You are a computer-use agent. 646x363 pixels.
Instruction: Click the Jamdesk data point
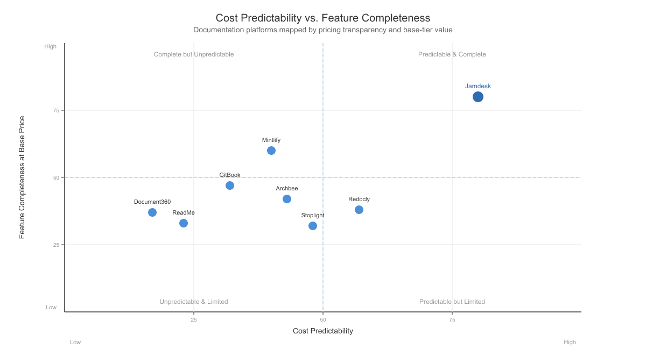point(478,97)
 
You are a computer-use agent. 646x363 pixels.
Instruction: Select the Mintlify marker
point(271,151)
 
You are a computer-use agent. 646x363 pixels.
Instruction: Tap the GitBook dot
point(230,186)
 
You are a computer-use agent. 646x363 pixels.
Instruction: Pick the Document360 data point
point(152,212)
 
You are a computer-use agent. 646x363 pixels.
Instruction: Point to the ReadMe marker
point(184,223)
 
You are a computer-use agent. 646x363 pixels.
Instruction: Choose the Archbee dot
point(287,199)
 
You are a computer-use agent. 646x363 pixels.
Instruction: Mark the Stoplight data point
point(313,226)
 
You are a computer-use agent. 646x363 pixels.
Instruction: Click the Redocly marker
point(359,210)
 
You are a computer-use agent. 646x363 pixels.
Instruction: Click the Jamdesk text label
point(478,86)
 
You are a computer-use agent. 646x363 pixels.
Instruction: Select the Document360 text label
point(152,202)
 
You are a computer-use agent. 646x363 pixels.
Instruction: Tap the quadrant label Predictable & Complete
point(452,54)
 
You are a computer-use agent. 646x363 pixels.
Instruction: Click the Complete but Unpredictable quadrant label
point(194,54)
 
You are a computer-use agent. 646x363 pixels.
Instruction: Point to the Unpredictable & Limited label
point(194,302)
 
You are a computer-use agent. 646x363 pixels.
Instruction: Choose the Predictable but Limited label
point(452,302)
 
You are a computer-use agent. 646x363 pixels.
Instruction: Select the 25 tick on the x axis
point(194,320)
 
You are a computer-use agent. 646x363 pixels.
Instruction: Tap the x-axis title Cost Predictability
point(323,331)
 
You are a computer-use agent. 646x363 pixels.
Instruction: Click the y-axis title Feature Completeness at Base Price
point(22,177)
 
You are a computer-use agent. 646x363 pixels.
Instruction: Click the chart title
point(323,18)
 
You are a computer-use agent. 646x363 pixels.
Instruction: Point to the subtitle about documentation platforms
point(323,30)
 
